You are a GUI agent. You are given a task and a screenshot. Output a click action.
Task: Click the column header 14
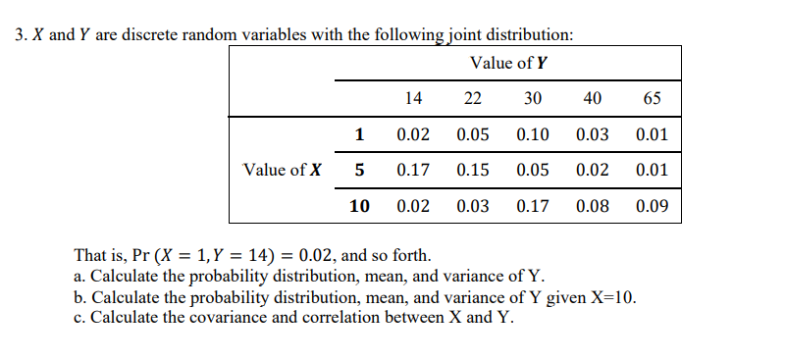coord(413,98)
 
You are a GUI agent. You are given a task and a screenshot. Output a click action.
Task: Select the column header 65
coord(652,98)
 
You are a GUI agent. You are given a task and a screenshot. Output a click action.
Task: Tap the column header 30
coord(532,98)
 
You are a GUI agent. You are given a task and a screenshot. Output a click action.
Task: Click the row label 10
coord(359,207)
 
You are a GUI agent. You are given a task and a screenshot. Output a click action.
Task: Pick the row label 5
coord(359,170)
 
